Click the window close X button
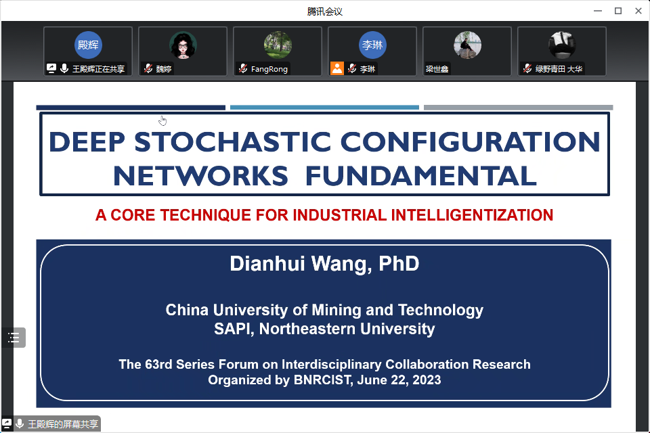[x=638, y=12]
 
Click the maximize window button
[x=618, y=12]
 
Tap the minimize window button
[x=598, y=12]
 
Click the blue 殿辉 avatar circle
[x=88, y=45]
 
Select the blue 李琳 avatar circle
[x=372, y=45]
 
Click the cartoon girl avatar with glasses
[x=183, y=45]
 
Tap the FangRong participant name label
[x=269, y=69]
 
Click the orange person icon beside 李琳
[x=337, y=68]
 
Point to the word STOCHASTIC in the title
[x=232, y=141]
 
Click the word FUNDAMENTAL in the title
[x=420, y=176]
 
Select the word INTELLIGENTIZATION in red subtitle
[x=472, y=215]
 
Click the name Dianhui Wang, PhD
[x=324, y=264]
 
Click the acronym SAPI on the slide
[x=234, y=329]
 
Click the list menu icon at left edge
[x=14, y=338]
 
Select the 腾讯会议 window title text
[x=324, y=12]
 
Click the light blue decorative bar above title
[x=324, y=108]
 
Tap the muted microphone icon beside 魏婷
[x=148, y=68]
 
